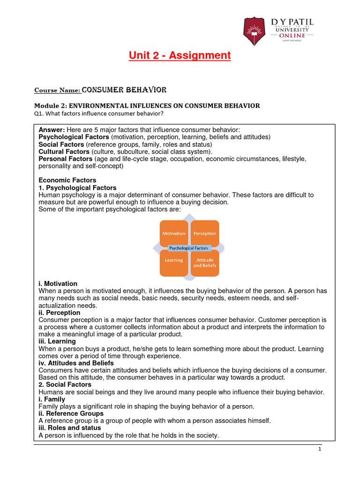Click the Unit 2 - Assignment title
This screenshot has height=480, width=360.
click(180, 56)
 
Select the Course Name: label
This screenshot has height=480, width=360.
click(58, 90)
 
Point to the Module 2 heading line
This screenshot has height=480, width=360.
click(148, 106)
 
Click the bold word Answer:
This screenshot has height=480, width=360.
click(52, 130)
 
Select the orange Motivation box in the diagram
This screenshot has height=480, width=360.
click(173, 233)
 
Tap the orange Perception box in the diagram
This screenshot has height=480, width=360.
click(205, 233)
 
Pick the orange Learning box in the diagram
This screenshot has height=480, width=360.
click(173, 261)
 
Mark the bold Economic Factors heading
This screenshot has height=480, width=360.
click(67, 180)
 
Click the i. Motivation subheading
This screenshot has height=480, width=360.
click(58, 284)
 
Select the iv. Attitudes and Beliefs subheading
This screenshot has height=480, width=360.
click(76, 363)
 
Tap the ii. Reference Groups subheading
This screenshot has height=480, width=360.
click(71, 413)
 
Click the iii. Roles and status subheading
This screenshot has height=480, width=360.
click(69, 428)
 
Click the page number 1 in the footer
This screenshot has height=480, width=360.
click(319, 449)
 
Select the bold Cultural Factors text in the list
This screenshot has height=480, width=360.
click(64, 152)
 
